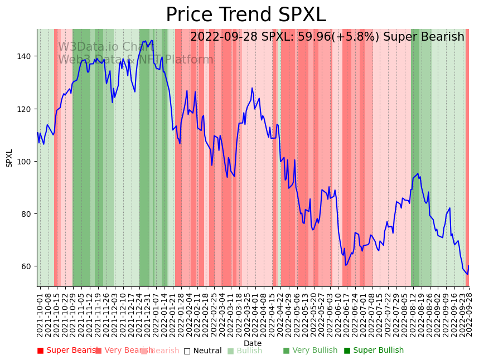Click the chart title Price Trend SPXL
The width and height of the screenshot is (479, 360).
click(x=245, y=15)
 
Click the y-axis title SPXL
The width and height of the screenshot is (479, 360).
click(x=9, y=158)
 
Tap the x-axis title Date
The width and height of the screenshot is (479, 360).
click(x=253, y=343)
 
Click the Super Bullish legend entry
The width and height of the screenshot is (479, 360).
click(x=373, y=351)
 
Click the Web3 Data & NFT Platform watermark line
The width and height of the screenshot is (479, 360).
click(x=136, y=60)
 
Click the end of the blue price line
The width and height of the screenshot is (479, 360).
click(x=468, y=266)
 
